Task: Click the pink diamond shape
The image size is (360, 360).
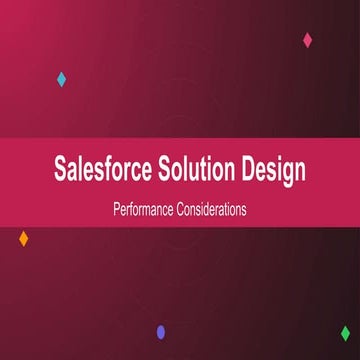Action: (307, 40)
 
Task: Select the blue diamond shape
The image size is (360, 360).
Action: (61, 79)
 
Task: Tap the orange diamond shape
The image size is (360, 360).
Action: (23, 238)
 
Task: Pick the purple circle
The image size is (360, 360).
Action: (161, 332)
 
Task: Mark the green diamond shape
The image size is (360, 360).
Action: (345, 333)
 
